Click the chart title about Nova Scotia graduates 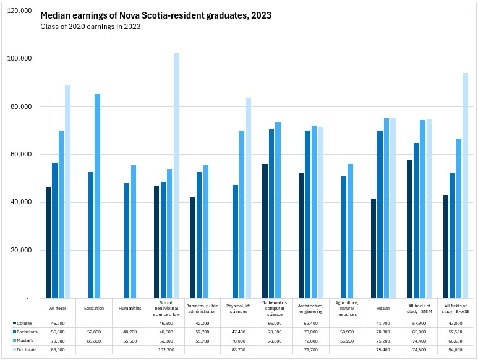pyautogui.click(x=156, y=15)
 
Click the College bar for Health pyautogui.click(x=375, y=248)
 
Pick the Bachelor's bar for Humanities pyautogui.click(x=127, y=241)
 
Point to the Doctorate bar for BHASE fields pyautogui.click(x=465, y=186)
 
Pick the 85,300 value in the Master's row pyautogui.click(x=94, y=341)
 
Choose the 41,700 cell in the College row pyautogui.click(x=383, y=323)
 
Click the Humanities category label pyautogui.click(x=131, y=307)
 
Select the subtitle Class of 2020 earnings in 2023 pyautogui.click(x=90, y=27)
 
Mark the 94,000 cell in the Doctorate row pyautogui.click(x=456, y=349)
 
